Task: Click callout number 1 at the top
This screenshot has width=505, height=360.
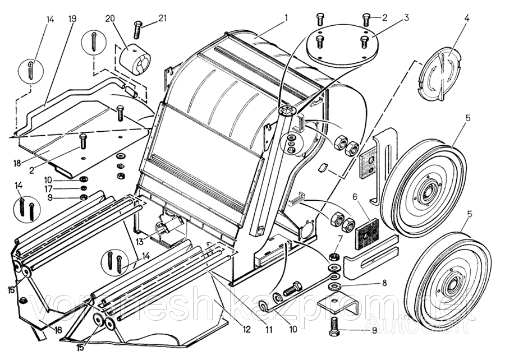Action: tap(286, 18)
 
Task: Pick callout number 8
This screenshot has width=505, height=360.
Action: tap(384, 283)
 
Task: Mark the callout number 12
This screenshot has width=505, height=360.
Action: tap(246, 330)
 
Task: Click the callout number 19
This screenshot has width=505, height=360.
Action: tap(72, 19)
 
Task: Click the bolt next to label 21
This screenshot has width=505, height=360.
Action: tap(138, 28)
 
